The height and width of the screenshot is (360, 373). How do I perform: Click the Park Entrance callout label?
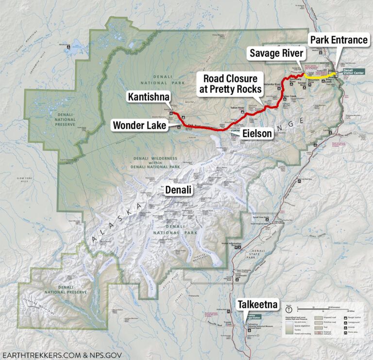339,40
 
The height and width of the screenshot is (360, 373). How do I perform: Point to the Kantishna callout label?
149,97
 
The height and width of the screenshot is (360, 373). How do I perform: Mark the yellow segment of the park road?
316,76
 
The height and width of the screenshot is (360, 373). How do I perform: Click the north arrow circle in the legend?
288,309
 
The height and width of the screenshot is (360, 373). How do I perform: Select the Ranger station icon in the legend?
348,316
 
